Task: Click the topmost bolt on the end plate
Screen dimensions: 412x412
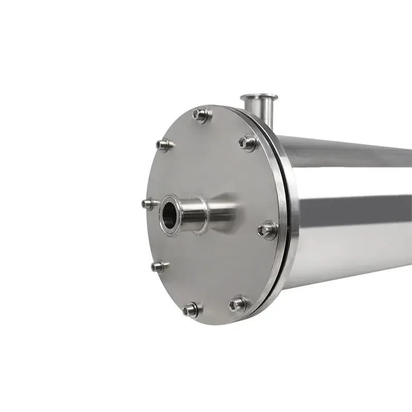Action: [201, 115]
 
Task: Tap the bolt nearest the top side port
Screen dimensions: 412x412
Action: [248, 142]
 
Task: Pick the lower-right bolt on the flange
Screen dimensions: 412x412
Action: [238, 303]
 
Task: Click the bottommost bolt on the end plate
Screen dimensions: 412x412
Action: [192, 309]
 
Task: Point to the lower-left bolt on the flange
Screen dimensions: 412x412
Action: [159, 266]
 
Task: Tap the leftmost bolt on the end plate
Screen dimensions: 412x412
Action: [149, 204]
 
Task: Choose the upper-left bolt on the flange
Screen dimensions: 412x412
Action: [164, 146]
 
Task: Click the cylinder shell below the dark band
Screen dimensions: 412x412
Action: [355, 252]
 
